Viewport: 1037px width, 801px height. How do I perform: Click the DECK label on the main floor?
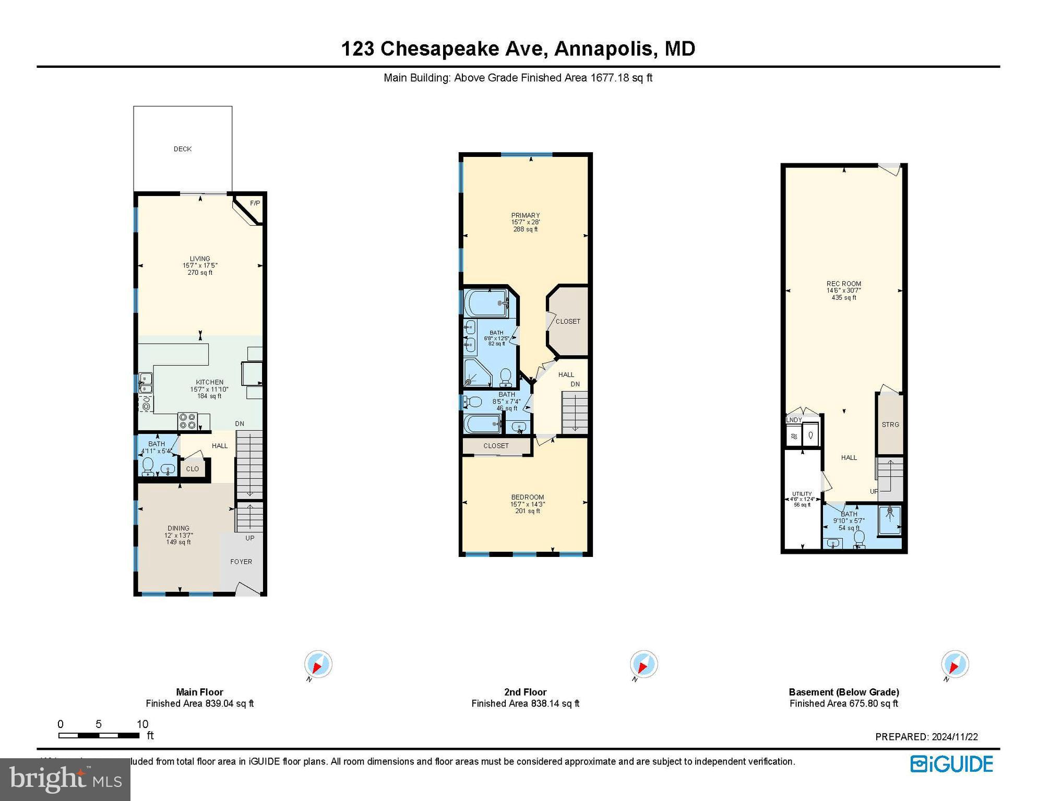point(183,149)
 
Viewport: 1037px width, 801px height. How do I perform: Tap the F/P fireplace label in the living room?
point(255,203)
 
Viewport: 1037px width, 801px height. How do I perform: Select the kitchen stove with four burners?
point(187,421)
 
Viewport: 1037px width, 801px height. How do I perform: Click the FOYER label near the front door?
point(241,562)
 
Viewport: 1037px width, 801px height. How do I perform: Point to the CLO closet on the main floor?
point(193,469)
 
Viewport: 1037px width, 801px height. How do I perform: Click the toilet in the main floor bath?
point(148,466)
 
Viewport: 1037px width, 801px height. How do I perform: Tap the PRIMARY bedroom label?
point(526,215)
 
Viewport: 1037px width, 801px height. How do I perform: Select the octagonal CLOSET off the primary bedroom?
point(568,322)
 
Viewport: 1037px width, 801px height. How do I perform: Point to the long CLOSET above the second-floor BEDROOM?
point(496,446)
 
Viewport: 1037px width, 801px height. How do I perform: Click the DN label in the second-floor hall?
point(575,384)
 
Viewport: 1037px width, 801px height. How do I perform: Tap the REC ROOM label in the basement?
point(844,284)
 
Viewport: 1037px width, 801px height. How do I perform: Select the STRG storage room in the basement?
point(890,424)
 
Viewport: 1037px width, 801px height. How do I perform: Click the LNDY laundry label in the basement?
point(794,420)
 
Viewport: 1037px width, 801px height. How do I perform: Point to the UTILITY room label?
point(802,494)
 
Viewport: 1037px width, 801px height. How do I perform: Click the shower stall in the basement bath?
point(890,520)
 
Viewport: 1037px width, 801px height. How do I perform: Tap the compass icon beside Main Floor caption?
point(318,665)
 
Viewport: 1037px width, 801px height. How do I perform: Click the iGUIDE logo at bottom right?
point(952,764)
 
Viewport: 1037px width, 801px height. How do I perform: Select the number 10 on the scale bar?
point(142,724)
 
